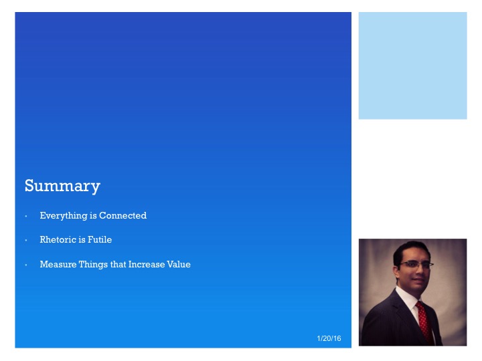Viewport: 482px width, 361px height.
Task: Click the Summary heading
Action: point(62,185)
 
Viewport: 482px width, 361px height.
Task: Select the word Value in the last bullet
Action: point(179,264)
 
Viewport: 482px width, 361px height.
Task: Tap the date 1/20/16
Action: point(329,340)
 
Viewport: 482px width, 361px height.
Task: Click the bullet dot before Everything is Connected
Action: point(26,217)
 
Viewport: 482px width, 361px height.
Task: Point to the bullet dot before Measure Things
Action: point(26,265)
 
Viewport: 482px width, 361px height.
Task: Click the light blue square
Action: point(412,66)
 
